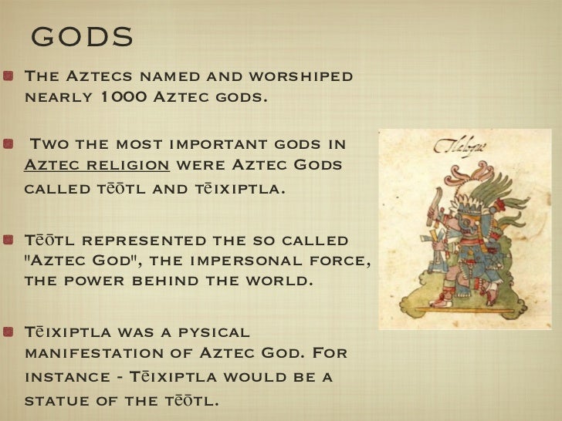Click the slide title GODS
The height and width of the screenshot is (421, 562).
(x=83, y=35)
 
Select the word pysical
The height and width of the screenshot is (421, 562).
(x=209, y=333)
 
